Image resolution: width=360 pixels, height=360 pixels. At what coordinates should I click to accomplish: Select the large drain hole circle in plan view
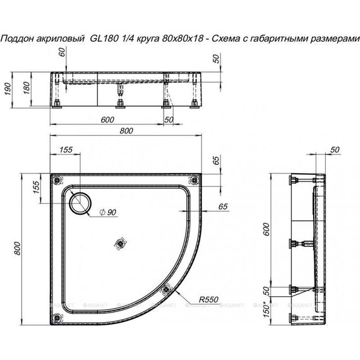pyautogui.click(x=80, y=202)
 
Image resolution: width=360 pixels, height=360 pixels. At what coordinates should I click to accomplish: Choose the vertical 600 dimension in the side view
pyautogui.click(x=267, y=231)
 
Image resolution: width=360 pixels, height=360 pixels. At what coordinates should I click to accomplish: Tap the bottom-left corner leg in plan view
pyautogui.click(x=58, y=308)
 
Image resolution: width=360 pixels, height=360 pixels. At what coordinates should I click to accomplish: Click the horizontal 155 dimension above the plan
pyautogui.click(x=65, y=150)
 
